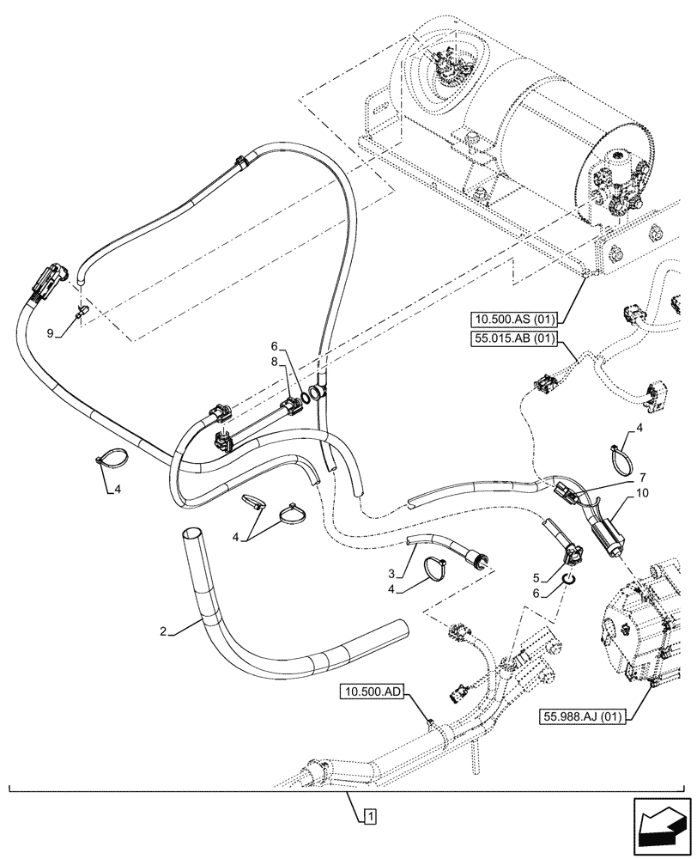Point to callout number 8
coord(274,362)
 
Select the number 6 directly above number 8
coord(274,346)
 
